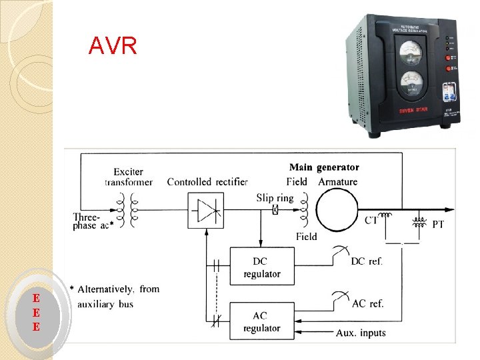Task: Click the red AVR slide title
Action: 113,46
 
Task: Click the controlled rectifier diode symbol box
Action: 207,210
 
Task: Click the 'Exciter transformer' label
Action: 128,177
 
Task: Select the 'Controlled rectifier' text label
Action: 207,182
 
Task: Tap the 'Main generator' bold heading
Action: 324,167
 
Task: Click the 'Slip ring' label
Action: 274,197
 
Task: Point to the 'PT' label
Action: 438,225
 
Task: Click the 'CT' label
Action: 372,220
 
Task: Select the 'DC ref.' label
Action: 367,261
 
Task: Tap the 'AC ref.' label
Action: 368,304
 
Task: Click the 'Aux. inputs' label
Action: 361,333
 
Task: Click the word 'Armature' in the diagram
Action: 338,182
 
